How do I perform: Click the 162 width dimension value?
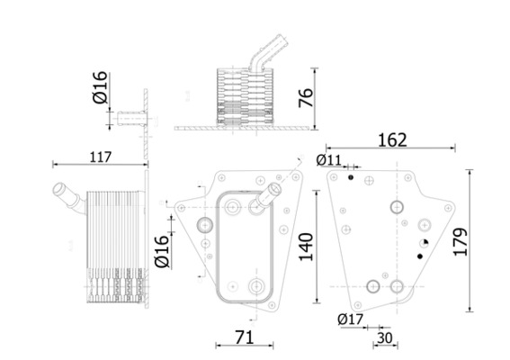click(392, 139)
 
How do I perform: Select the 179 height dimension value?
click(487, 242)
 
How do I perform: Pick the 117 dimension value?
click(101, 157)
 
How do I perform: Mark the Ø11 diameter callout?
click(329, 160)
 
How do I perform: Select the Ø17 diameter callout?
click(350, 318)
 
